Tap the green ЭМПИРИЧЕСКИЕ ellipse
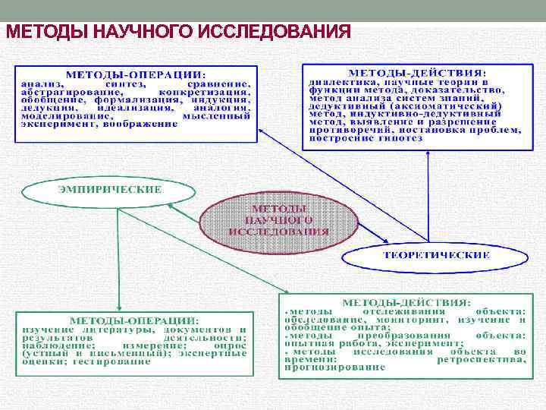tap(111, 190)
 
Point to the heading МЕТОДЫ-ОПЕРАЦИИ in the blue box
tap(134, 75)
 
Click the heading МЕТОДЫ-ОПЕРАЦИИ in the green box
tap(134, 320)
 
